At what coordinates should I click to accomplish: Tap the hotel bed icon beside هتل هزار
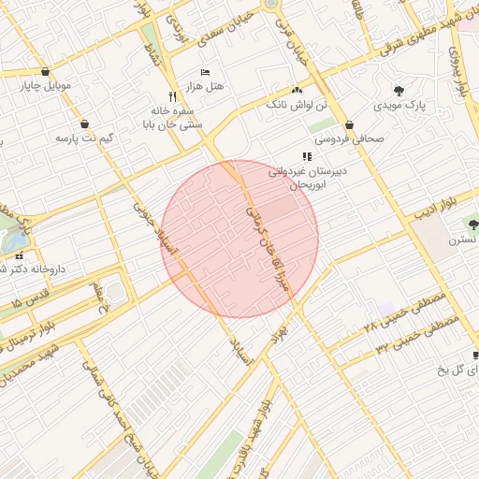click(x=207, y=72)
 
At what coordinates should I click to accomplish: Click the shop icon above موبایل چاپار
click(x=46, y=72)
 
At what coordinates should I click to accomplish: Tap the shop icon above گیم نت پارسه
click(x=85, y=123)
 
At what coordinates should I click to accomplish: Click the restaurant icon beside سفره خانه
click(x=171, y=96)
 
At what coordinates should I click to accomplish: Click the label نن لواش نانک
click(x=298, y=105)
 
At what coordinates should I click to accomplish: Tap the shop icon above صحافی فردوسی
click(x=349, y=123)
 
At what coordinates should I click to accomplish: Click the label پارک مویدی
click(x=399, y=106)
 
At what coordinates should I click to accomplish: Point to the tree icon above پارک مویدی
click(x=399, y=91)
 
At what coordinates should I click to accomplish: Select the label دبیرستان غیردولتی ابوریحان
click(x=308, y=179)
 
